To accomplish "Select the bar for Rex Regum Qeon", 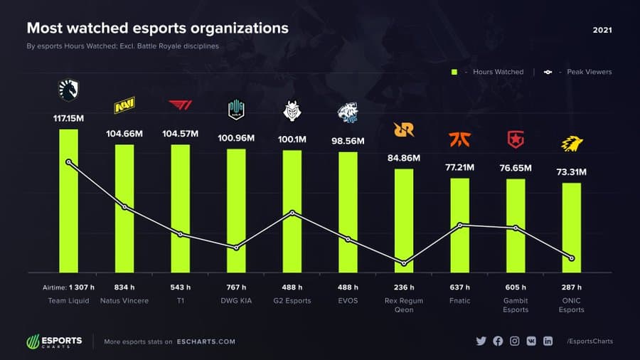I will [404, 221].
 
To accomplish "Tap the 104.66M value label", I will [124, 133].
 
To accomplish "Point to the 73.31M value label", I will [572, 172].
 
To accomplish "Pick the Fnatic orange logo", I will [459, 139].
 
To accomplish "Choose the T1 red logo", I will [180, 106].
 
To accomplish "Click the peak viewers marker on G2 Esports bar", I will [292, 213].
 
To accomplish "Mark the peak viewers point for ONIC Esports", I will [572, 258].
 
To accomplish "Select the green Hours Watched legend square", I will [454, 72].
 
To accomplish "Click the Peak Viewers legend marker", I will [547, 72].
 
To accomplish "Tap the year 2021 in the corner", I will [602, 31].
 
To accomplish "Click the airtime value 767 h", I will [236, 287].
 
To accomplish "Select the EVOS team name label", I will [348, 301].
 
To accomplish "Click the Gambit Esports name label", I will [516, 305].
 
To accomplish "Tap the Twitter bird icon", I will [481, 342].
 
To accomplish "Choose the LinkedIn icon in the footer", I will [548, 342].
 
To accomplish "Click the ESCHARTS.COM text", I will [206, 342].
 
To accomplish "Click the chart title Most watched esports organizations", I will [157, 28].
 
